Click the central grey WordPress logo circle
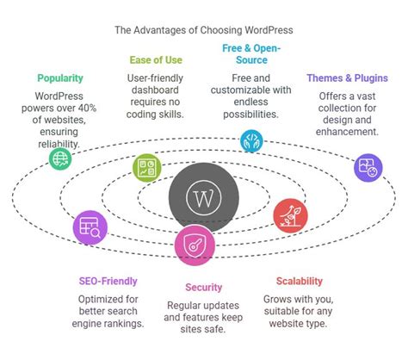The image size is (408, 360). coord(204,197)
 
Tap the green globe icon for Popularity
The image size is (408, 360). coord(59,158)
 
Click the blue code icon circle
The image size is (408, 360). coord(251,140)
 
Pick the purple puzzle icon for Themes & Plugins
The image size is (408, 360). coord(368,166)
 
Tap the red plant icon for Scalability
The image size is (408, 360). coord(288,214)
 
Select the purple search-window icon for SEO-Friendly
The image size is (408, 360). coord(90,227)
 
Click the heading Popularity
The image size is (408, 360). coord(59,78)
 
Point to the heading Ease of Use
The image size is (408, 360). coord(156,59)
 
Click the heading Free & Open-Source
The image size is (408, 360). coord(251,53)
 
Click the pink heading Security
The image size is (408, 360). coord(203,287)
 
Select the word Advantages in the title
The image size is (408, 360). coord(162,28)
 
